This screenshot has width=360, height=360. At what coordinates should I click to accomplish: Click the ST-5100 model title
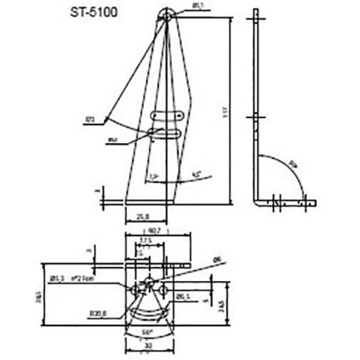pyautogui.click(x=94, y=12)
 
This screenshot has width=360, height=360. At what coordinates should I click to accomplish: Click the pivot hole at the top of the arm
pyautogui.click(x=167, y=16)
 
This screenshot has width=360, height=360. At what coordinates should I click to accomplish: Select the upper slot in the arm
pyautogui.click(x=167, y=116)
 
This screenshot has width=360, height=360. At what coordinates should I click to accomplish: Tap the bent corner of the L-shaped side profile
pyautogui.click(x=256, y=203)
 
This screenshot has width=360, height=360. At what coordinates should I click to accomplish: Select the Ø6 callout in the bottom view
pyautogui.click(x=216, y=260)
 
